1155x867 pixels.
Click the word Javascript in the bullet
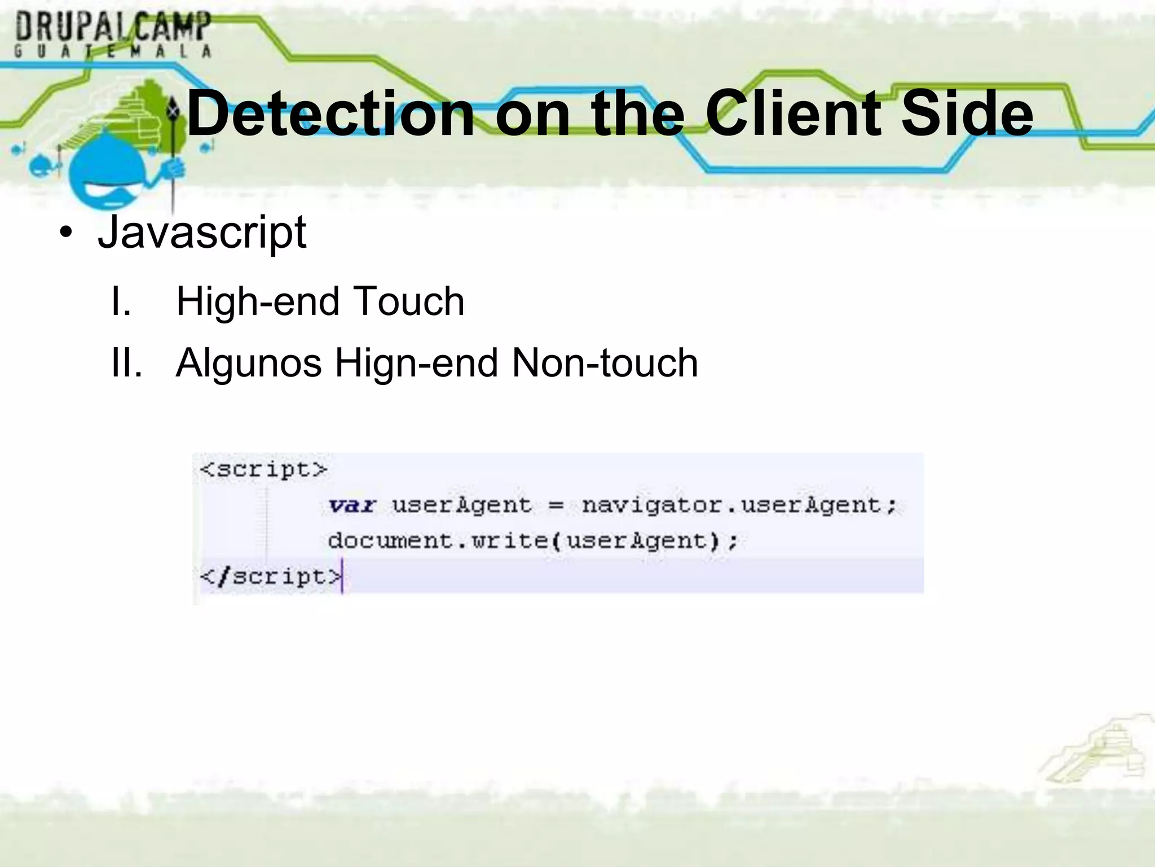tap(202, 232)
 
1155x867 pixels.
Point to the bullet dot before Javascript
tap(66, 233)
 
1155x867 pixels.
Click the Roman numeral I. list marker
tap(121, 301)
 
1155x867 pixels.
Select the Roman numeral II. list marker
tap(126, 362)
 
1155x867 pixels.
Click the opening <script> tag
tap(263, 470)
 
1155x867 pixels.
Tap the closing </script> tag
tap(271, 577)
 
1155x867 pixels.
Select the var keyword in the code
tap(352, 505)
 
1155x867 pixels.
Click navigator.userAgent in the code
tap(739, 505)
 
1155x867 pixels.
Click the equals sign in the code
tap(556, 505)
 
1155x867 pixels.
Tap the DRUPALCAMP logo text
tap(113, 27)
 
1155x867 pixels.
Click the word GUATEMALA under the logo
tap(113, 51)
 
